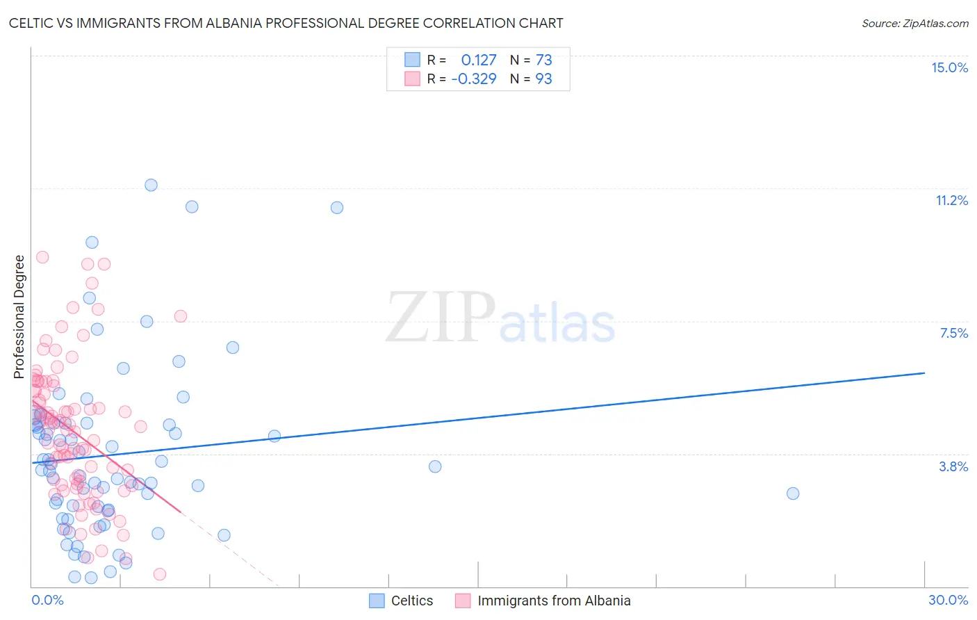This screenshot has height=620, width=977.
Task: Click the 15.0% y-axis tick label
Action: pos(949,67)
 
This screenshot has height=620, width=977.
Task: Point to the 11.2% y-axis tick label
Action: pos(951,200)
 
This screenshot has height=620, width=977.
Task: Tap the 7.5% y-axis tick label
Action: pos(953,333)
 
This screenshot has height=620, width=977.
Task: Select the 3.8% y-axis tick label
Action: pos(953,466)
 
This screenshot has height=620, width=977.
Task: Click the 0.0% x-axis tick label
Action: pos(47,600)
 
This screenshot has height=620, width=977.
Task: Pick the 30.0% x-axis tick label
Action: pos(948,600)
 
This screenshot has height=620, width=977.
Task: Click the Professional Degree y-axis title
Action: pos(19,317)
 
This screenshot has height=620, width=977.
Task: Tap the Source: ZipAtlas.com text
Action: pos(914,23)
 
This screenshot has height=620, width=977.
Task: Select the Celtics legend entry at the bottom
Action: pos(401,601)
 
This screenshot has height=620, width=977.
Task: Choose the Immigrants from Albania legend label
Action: pos(554,601)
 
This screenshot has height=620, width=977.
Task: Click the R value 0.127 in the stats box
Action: pos(479,60)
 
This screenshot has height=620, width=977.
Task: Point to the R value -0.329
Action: pos(474,79)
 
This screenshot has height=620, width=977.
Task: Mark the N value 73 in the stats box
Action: pos(543,60)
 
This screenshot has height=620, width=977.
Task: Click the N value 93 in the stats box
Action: pos(543,79)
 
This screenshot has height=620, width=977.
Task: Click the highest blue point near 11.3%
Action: pos(151,185)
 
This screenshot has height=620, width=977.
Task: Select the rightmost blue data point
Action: pos(793,493)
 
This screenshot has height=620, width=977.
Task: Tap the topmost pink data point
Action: pos(42,257)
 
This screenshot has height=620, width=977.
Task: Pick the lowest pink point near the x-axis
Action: pos(159,574)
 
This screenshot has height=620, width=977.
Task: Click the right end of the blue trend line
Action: pos(924,373)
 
